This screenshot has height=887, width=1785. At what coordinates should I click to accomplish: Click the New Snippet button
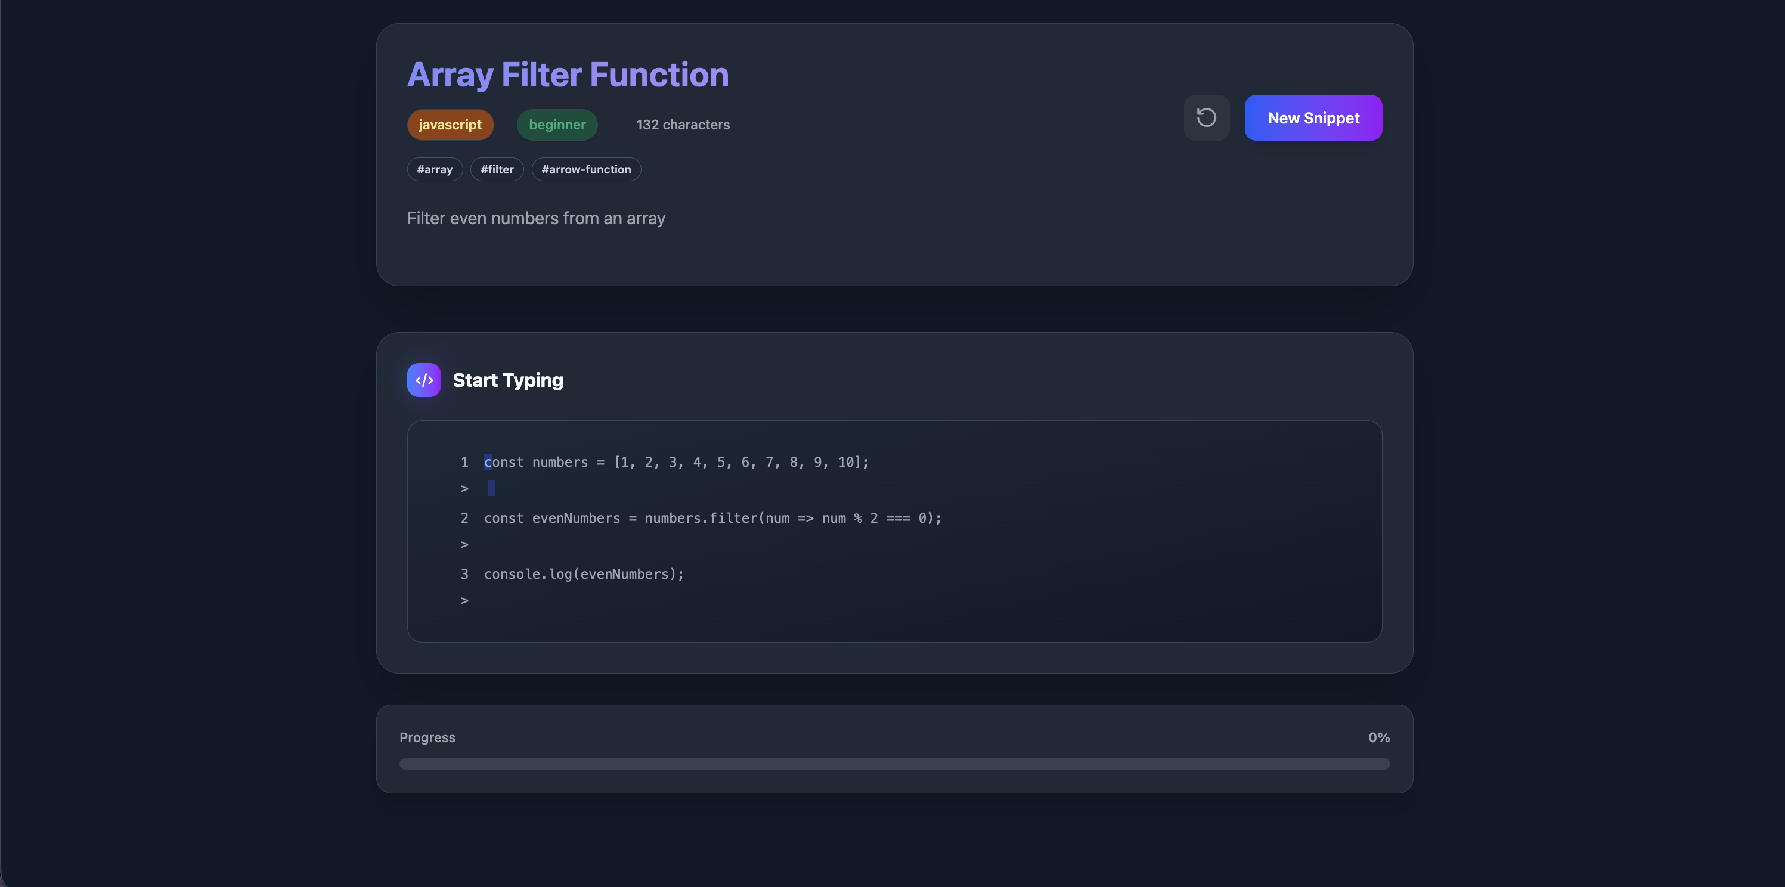click(x=1313, y=118)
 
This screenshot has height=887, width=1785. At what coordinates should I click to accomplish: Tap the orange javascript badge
click(x=450, y=125)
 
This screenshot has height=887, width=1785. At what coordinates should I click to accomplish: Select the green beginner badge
click(x=557, y=125)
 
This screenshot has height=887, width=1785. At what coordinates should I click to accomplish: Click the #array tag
click(x=435, y=169)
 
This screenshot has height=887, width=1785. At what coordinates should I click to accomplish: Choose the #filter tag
click(x=497, y=169)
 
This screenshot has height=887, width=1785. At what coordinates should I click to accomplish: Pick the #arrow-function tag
click(x=586, y=169)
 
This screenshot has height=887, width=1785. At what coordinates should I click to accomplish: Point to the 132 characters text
click(x=683, y=125)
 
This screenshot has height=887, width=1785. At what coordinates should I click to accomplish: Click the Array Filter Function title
click(x=568, y=75)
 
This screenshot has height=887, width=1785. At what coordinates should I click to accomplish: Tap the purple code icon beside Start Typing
click(x=424, y=380)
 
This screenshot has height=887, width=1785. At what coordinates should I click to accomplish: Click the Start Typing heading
click(x=508, y=380)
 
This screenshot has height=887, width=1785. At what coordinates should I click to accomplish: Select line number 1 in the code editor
click(x=464, y=462)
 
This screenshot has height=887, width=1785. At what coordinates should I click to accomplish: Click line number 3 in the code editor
click(x=464, y=575)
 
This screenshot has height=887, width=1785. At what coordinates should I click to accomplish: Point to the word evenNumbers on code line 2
click(x=576, y=519)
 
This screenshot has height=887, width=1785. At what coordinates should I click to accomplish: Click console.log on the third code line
click(x=528, y=575)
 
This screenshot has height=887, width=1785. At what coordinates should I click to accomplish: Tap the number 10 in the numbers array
click(x=845, y=462)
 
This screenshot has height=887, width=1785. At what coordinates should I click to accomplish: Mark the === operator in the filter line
click(x=898, y=519)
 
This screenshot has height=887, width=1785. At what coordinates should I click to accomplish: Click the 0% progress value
click(x=1379, y=737)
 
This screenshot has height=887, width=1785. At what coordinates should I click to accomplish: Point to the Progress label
click(x=427, y=737)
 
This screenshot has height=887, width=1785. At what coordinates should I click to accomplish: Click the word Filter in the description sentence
click(x=426, y=218)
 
